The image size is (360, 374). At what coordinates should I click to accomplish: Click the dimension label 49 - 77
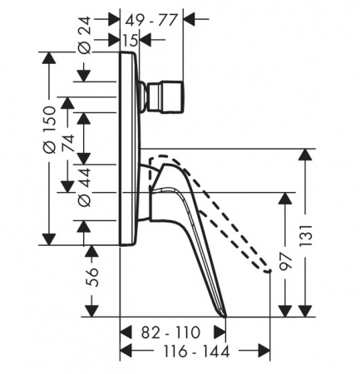[150, 20]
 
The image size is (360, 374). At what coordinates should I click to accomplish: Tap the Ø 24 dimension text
[84, 35]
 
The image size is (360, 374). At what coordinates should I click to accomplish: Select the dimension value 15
[130, 41]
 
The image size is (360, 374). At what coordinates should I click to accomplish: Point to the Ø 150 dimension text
[50, 130]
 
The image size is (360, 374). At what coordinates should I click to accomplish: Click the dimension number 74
[68, 143]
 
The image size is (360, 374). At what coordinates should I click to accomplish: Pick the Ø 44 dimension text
[84, 187]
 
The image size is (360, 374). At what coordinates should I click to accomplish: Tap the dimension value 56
[92, 277]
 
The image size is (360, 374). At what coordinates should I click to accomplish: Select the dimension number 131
[306, 235]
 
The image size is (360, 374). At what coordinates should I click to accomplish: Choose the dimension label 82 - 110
[170, 332]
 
